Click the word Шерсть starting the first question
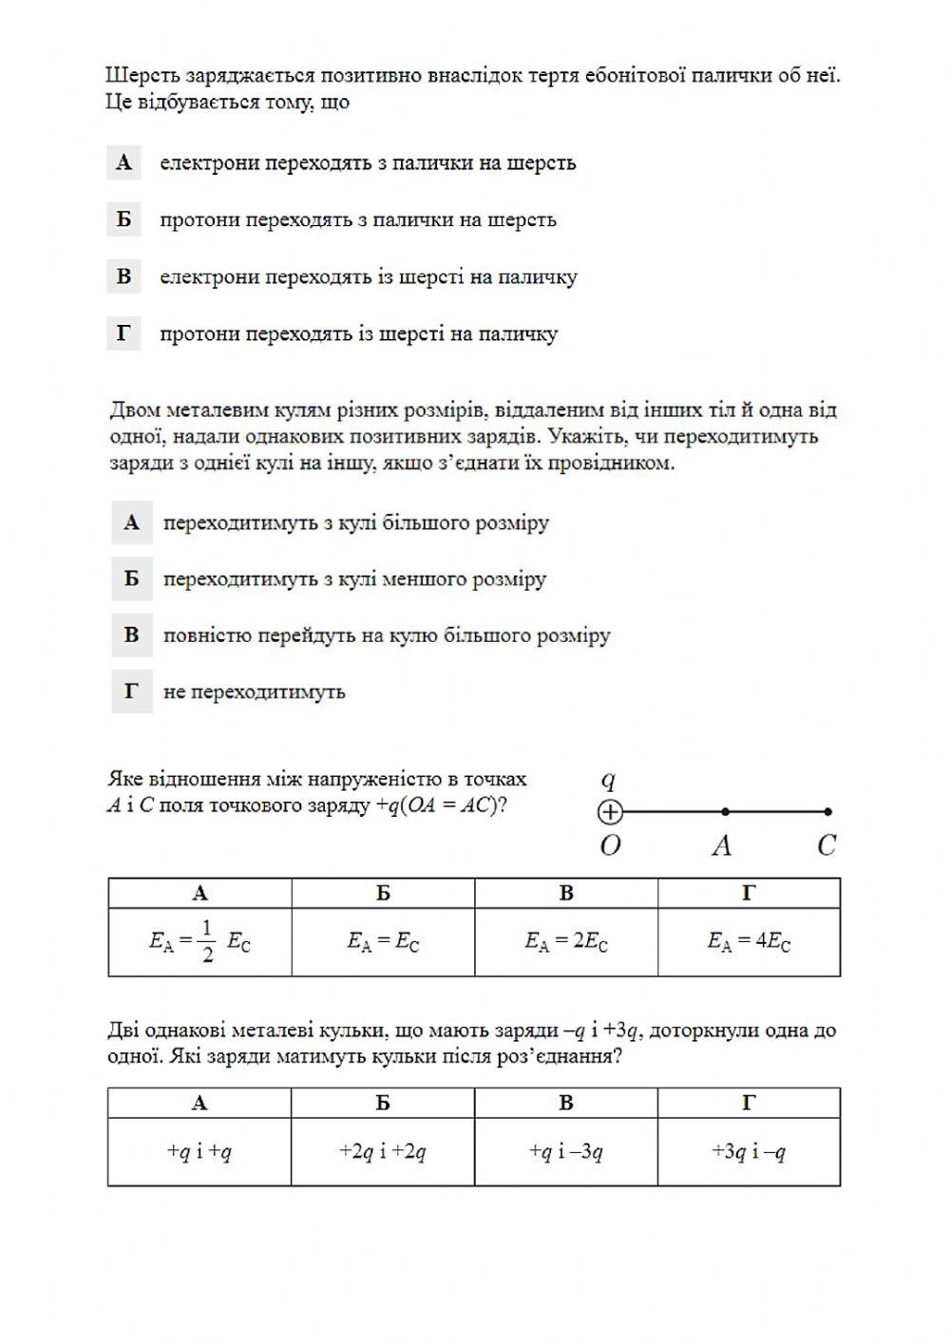click(x=139, y=75)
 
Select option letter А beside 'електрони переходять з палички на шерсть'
click(x=123, y=162)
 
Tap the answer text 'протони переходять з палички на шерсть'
click(x=357, y=219)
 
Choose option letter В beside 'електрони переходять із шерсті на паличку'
click(x=123, y=276)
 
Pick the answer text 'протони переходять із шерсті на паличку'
click(x=358, y=333)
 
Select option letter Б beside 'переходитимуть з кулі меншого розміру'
click(x=131, y=578)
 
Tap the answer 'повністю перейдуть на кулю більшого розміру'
click(x=386, y=635)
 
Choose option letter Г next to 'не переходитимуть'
click(x=131, y=691)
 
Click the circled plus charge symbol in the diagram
click(x=610, y=812)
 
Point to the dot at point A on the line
click(x=726, y=812)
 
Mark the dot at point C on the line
click(x=828, y=812)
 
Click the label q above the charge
click(x=609, y=781)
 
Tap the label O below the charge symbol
click(x=610, y=845)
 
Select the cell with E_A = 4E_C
click(x=749, y=941)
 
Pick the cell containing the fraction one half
click(x=199, y=941)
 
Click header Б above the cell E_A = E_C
click(x=383, y=893)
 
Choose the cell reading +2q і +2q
click(x=383, y=1152)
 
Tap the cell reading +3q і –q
click(x=749, y=1152)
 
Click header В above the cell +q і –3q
click(x=566, y=1103)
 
